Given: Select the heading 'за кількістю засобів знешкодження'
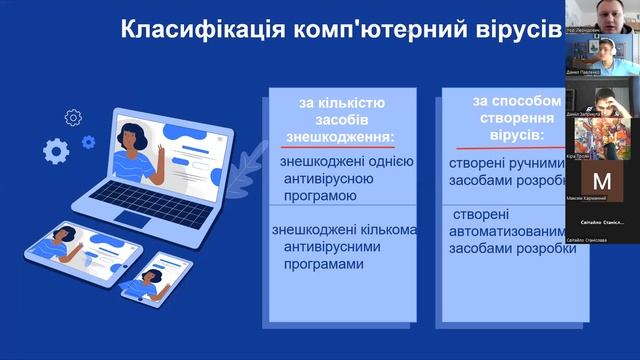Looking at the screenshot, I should tap(341, 119).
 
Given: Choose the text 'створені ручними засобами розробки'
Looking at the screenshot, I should tap(512, 171).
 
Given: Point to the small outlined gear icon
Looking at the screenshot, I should tap(72, 118).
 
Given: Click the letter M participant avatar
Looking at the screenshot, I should tap(601, 182).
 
